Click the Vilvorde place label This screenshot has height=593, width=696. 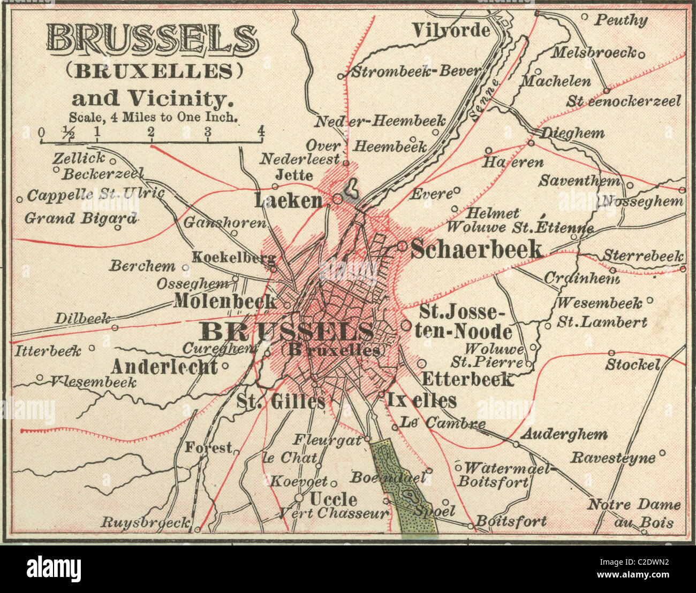450,30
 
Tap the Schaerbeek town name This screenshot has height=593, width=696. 476,249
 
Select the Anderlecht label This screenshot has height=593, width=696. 164,367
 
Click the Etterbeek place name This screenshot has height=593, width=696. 467,380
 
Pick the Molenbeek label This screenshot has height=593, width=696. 225,302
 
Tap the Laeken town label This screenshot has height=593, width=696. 289,201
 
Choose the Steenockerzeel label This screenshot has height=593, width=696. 624,101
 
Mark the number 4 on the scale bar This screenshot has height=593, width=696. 261,131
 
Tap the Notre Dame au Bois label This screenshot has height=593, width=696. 634,512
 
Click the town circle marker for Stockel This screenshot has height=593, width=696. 611,353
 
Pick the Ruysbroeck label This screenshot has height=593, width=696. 146,522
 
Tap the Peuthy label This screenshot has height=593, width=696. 621,20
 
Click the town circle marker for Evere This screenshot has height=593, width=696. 457,190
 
